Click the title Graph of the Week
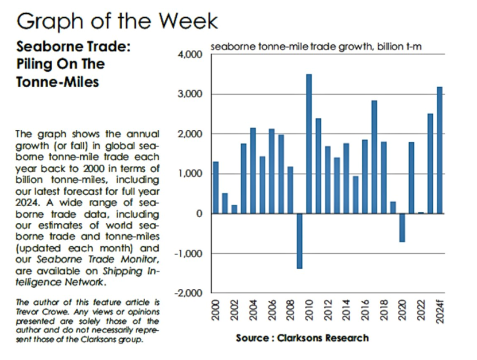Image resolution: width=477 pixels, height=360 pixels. click(117, 21)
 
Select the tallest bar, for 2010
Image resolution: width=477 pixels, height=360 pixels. click(308, 144)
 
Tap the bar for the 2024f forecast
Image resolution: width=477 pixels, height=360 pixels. click(439, 150)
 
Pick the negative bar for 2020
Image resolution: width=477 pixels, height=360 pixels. click(402, 227)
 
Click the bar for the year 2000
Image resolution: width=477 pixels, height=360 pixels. click(215, 187)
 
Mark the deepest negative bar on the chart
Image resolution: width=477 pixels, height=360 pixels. click(299, 241)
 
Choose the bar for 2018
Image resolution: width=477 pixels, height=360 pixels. click(383, 177)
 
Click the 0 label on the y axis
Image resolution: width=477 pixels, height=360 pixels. click(199, 214)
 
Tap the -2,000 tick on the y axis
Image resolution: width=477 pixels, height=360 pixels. click(189, 293)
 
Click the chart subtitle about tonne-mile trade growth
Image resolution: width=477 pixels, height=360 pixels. click(316, 46)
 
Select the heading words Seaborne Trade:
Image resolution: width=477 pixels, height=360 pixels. click(73, 47)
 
